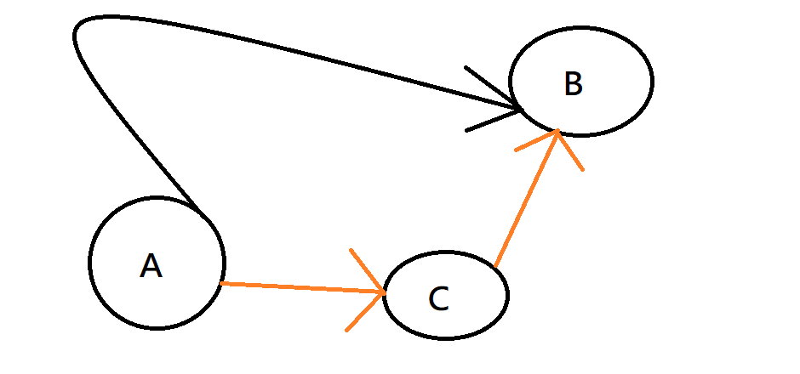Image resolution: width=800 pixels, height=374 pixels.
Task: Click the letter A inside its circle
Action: pyautogui.click(x=151, y=266)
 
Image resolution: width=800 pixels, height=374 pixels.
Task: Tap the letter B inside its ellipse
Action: pyautogui.click(x=573, y=84)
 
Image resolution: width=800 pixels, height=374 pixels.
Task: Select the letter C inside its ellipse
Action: pyautogui.click(x=438, y=298)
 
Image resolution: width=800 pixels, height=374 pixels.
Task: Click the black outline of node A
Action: pyautogui.click(x=90, y=263)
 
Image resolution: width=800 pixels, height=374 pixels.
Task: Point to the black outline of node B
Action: pyautogui.click(x=652, y=81)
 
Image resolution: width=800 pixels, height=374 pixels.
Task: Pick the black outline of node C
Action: pyautogui.click(x=507, y=294)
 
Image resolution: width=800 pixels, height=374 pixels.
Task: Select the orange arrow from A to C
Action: pyautogui.click(x=298, y=288)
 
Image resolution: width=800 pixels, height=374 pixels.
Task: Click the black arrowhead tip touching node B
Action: pyautogui.click(x=521, y=110)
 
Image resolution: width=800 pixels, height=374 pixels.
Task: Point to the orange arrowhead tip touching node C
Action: pyautogui.click(x=386, y=293)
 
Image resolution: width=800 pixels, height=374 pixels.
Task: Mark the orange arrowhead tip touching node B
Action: pyautogui.click(x=557, y=131)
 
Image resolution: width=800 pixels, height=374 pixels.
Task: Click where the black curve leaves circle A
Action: pyautogui.click(x=197, y=211)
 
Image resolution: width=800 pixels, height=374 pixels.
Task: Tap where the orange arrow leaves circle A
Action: pyautogui.click(x=221, y=283)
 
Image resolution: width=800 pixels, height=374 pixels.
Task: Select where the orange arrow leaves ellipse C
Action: pyautogui.click(x=494, y=266)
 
